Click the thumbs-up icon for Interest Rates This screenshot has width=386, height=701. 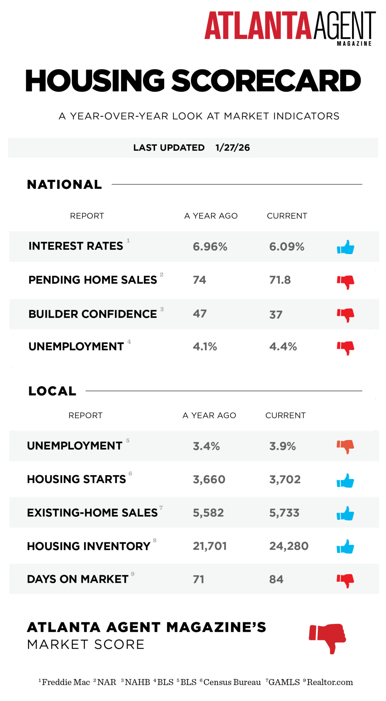point(346,247)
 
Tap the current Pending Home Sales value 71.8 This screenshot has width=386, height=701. point(280,280)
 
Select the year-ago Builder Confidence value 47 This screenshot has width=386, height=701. point(200,314)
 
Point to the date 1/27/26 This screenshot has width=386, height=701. point(233,148)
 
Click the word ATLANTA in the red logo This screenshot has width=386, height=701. point(258,26)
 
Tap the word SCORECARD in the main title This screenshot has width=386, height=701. point(266,81)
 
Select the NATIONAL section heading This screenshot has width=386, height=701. point(64,184)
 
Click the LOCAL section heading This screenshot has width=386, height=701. point(52,391)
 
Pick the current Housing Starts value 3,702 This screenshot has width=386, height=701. point(285,480)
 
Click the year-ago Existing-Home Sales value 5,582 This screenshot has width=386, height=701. point(208,513)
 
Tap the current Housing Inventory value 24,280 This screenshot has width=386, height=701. point(289,546)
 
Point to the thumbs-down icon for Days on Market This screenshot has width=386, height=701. point(345,581)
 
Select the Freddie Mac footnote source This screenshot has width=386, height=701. point(64,682)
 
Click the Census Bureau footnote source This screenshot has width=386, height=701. point(230,682)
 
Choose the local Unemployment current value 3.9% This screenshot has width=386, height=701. point(283,446)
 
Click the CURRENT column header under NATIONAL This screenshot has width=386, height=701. point(287,216)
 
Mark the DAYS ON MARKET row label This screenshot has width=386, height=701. point(78,579)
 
